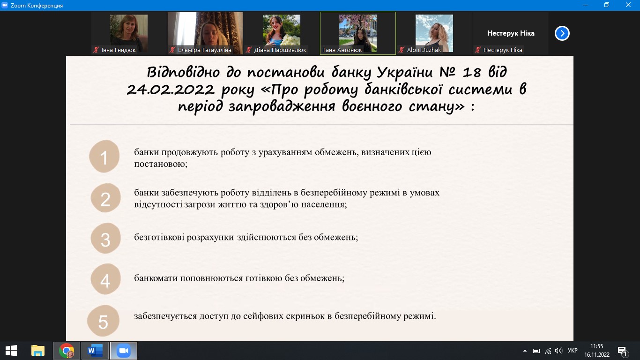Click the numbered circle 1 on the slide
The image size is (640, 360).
click(x=104, y=156)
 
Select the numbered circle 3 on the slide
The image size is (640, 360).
click(x=105, y=238)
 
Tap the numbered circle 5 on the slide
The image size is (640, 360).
click(x=103, y=321)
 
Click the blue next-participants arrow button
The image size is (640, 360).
click(x=562, y=33)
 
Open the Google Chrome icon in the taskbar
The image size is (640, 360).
click(x=67, y=351)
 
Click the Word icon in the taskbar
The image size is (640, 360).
click(x=95, y=351)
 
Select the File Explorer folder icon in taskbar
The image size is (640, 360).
click(x=37, y=351)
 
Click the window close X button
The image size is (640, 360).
click(x=628, y=5)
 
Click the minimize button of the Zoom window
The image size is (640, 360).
click(x=586, y=5)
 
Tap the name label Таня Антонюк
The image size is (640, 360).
click(x=342, y=50)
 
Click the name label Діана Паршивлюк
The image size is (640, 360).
click(x=280, y=50)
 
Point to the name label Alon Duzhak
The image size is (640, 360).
click(x=424, y=50)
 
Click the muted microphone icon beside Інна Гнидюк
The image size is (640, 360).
click(x=96, y=50)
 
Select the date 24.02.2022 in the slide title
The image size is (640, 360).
click(x=170, y=90)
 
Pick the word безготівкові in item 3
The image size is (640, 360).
click(x=159, y=237)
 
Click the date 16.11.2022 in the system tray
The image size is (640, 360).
click(x=596, y=354)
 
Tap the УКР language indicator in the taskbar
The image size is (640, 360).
click(x=572, y=351)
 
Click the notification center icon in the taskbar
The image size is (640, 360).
click(x=622, y=351)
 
